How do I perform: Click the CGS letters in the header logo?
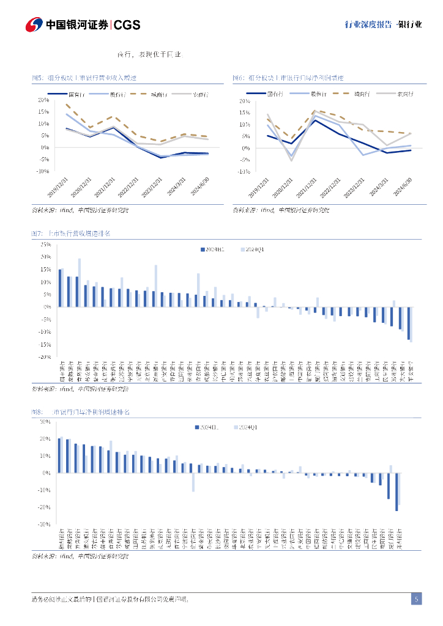coord(127,24)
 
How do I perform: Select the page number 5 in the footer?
coord(416,599)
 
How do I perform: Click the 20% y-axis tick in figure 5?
coord(43,100)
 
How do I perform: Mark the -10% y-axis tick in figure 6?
coord(244,172)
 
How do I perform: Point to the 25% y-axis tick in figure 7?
coord(45,244)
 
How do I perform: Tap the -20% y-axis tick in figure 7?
coord(45,357)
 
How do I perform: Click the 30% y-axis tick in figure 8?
coord(44,421)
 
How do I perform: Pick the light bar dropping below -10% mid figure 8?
coord(193,482)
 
